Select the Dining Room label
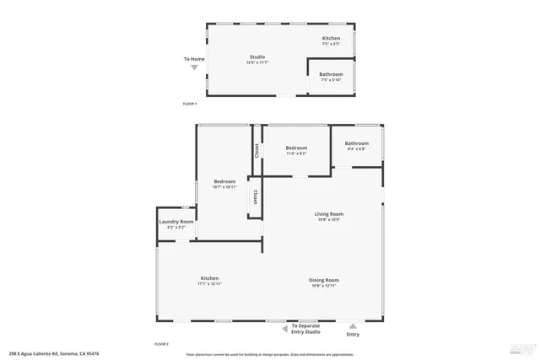pos(324,280)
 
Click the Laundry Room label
pos(176,222)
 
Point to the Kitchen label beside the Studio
pos(331,39)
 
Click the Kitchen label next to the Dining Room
pos(209,278)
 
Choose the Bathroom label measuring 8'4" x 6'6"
pos(356,143)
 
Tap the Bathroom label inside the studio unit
pos(331,74)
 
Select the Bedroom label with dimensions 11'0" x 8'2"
pos(296,148)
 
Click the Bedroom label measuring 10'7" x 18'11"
pos(224,182)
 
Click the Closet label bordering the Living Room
pos(254,196)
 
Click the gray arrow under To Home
pos(194,67)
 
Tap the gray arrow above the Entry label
pos(353,326)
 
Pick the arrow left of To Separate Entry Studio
pos(282,326)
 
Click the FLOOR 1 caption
pos(189,104)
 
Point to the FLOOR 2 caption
pos(161,345)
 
